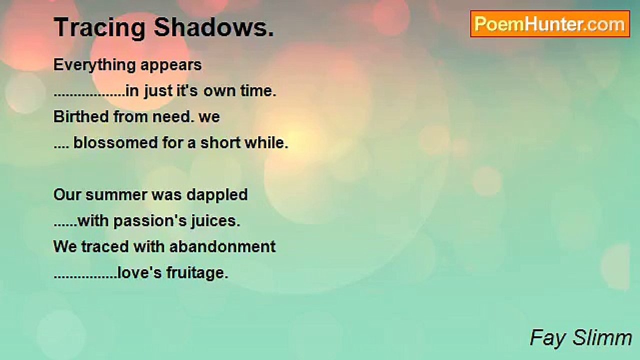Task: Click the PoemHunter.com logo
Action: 550,24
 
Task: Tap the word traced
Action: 103,246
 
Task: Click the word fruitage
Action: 195,273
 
